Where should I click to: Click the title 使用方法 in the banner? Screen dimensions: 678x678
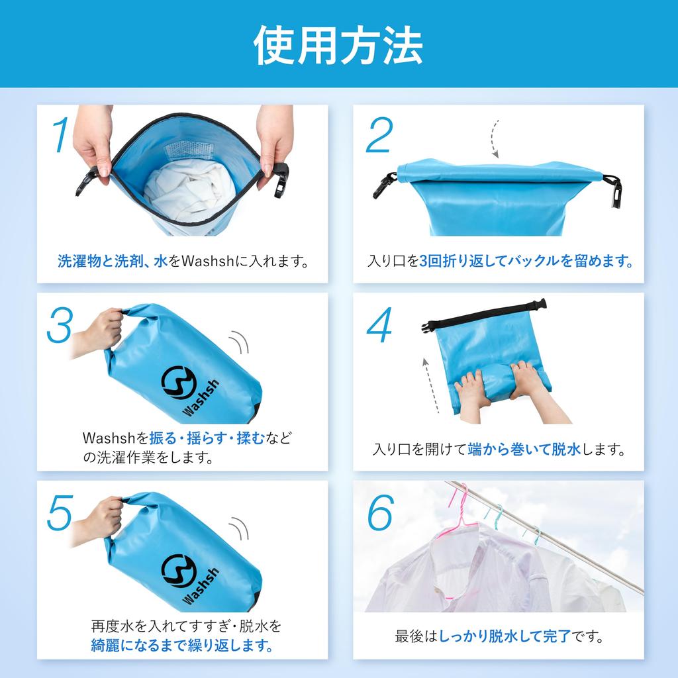pyautogui.click(x=338, y=45)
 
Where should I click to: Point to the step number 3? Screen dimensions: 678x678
pyautogui.click(x=60, y=324)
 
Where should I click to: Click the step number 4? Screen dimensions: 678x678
pyautogui.click(x=379, y=324)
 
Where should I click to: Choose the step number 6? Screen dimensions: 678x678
pyautogui.click(x=381, y=513)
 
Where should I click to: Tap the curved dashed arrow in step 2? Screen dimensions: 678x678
pyautogui.click(x=494, y=139)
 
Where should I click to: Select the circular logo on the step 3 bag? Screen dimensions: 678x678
pyautogui.click(x=179, y=382)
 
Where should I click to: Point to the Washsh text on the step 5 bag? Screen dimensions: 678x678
pyautogui.click(x=200, y=586)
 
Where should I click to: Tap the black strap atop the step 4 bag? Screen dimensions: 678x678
pyautogui.click(x=484, y=313)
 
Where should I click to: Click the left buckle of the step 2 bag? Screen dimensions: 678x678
pyautogui.click(x=385, y=185)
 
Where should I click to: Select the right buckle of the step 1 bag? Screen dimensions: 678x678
pyautogui.click(x=281, y=180)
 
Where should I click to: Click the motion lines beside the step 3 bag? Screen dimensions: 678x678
pyautogui.click(x=239, y=342)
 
